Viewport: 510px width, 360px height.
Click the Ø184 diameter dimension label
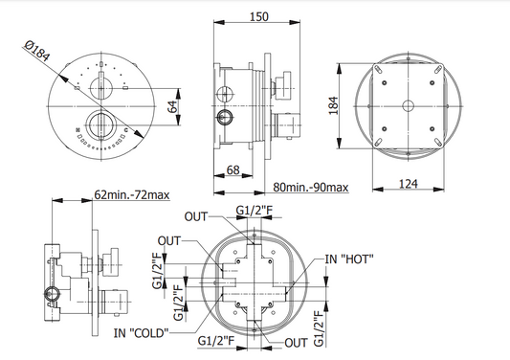pyautogui.click(x=37, y=51)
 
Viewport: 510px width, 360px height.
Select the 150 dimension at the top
pyautogui.click(x=259, y=16)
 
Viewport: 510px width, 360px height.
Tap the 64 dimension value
pyautogui.click(x=172, y=107)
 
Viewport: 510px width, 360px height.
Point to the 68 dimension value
pyautogui.click(x=233, y=169)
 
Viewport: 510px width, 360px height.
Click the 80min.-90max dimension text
pyautogui.click(x=311, y=187)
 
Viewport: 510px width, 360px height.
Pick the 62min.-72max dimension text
pyautogui.click(x=132, y=194)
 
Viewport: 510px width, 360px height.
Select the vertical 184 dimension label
pyautogui.click(x=334, y=105)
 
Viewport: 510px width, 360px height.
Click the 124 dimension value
pyautogui.click(x=408, y=184)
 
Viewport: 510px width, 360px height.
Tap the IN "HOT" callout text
pyautogui.click(x=349, y=259)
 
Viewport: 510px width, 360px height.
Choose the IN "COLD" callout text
pyautogui.click(x=142, y=333)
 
